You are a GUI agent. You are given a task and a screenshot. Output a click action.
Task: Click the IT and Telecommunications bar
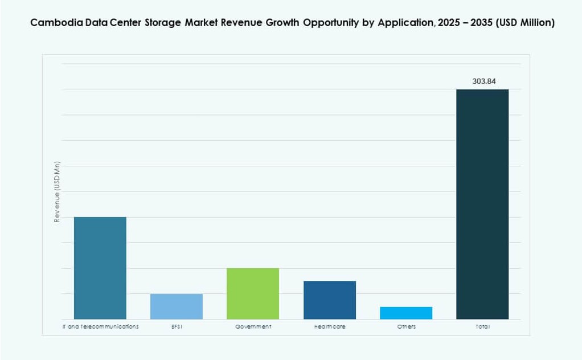(x=100, y=268)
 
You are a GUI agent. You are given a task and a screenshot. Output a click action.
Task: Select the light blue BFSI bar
(x=177, y=306)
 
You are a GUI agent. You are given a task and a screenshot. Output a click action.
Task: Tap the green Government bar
(x=253, y=293)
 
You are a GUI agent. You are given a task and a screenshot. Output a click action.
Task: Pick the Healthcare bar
(x=330, y=300)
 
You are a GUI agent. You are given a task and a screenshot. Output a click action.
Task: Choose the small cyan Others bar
(x=406, y=313)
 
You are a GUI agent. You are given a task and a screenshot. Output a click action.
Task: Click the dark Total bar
(x=482, y=204)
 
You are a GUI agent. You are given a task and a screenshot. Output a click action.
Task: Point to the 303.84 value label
(x=484, y=81)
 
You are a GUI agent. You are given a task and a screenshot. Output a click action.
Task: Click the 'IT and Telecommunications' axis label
(x=100, y=327)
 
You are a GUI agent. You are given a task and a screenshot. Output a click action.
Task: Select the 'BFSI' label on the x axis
(x=177, y=327)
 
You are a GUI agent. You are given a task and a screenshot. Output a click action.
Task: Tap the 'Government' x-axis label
(x=253, y=327)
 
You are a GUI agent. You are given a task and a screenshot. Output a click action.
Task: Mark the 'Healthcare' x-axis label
(x=330, y=327)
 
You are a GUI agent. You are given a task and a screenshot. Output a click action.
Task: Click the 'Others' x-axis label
(x=406, y=327)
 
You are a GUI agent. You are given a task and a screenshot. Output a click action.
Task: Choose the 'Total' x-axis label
(x=482, y=327)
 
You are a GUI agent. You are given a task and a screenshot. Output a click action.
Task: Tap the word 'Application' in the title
(x=403, y=23)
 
